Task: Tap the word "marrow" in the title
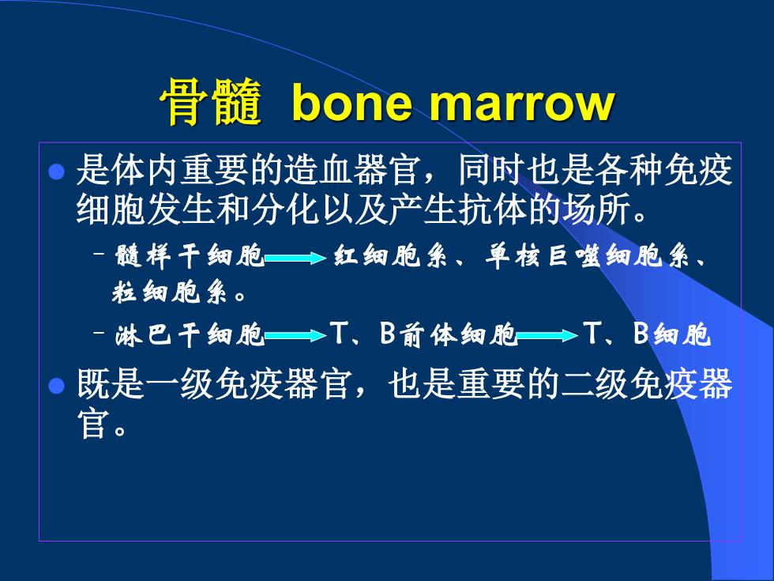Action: coord(522,104)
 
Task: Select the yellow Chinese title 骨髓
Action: coord(211,102)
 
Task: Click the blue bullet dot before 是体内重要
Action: coord(57,172)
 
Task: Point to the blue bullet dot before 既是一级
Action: coord(57,386)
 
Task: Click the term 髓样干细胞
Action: coord(190,256)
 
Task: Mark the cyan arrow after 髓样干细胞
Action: coord(295,258)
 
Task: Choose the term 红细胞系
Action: coord(390,256)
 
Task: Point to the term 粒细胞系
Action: coord(170,292)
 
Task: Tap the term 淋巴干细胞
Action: coord(190,334)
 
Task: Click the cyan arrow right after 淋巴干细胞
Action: coord(295,336)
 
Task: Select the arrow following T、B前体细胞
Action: coord(547,336)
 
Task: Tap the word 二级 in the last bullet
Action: coord(596,384)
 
